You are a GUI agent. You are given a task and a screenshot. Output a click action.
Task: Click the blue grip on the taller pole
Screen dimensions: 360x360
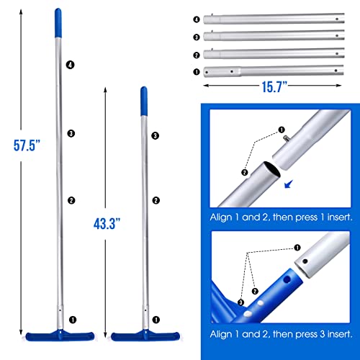click(58, 22)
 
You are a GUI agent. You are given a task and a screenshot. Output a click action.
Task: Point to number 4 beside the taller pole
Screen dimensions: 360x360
click(71, 65)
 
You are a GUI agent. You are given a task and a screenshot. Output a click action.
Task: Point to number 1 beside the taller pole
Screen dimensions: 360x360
click(71, 318)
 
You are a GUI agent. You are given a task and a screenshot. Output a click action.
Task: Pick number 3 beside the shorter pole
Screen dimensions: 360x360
click(156, 135)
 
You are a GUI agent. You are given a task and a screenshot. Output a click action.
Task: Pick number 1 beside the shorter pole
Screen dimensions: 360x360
click(156, 318)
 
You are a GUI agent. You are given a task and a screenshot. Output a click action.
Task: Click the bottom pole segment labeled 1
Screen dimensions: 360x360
click(274, 71)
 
